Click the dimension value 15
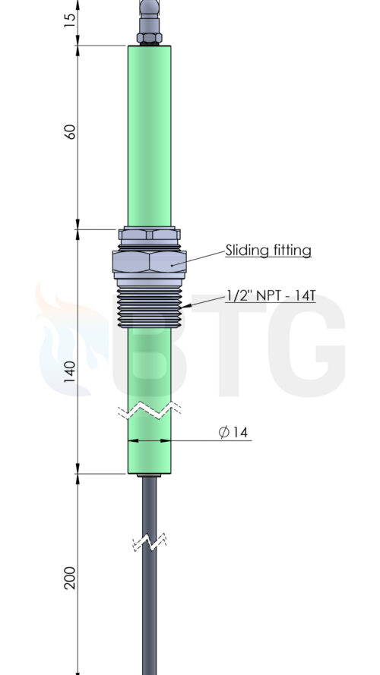click(70, 18)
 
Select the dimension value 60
click(70, 131)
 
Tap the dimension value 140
click(70, 372)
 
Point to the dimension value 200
click(70, 578)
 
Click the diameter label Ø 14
click(233, 432)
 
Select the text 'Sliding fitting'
click(268, 250)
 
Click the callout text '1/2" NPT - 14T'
click(271, 296)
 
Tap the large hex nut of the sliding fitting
click(149, 263)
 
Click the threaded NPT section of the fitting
click(149, 308)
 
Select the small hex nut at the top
click(149, 37)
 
